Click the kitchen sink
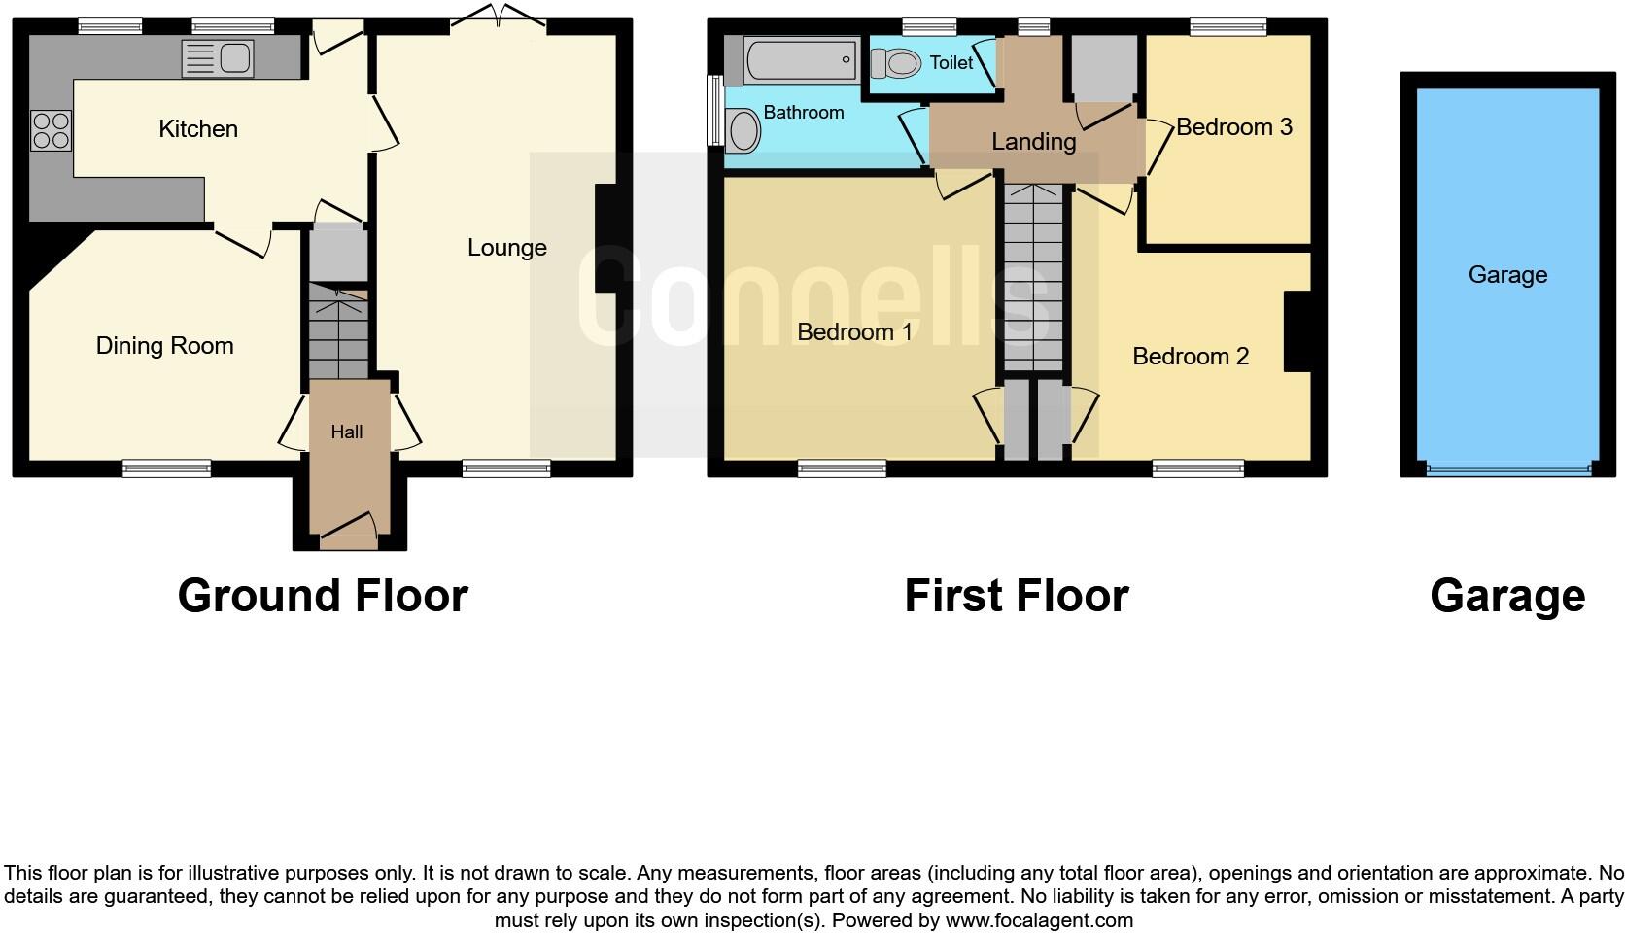tap(218, 58)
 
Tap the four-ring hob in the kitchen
tap(52, 131)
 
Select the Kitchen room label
tap(197, 129)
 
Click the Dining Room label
tap(164, 346)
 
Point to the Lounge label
tap(506, 248)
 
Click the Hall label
tap(346, 432)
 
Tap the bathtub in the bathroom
tap(802, 60)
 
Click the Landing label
tap(1033, 142)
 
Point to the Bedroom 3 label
tap(1233, 127)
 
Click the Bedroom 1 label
tap(854, 332)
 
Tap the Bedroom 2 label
tap(1190, 357)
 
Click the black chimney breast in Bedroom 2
tap(1297, 331)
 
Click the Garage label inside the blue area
tap(1506, 275)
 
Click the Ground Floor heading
tap(323, 596)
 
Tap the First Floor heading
tap(1016, 596)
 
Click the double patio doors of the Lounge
tap(499, 17)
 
